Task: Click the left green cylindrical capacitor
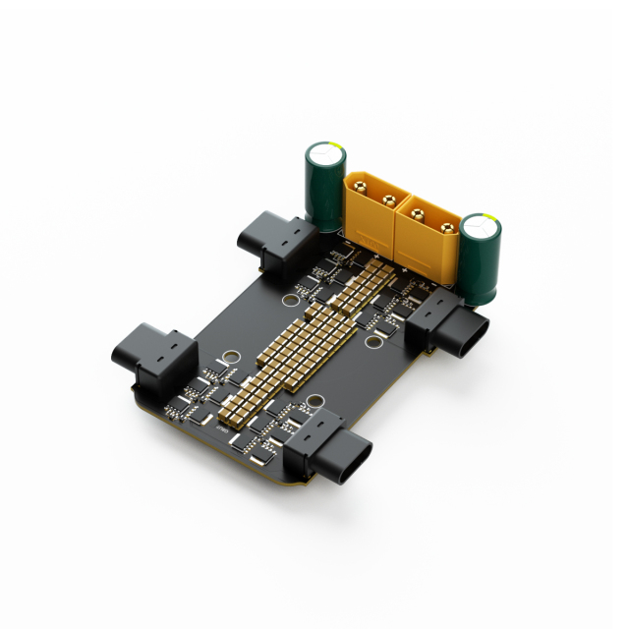[324, 187]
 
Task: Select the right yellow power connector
[425, 236]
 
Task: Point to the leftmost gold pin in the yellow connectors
[360, 186]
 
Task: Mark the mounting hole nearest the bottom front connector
[315, 401]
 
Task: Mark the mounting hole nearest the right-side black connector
[376, 342]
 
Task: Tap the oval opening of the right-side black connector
[469, 337]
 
